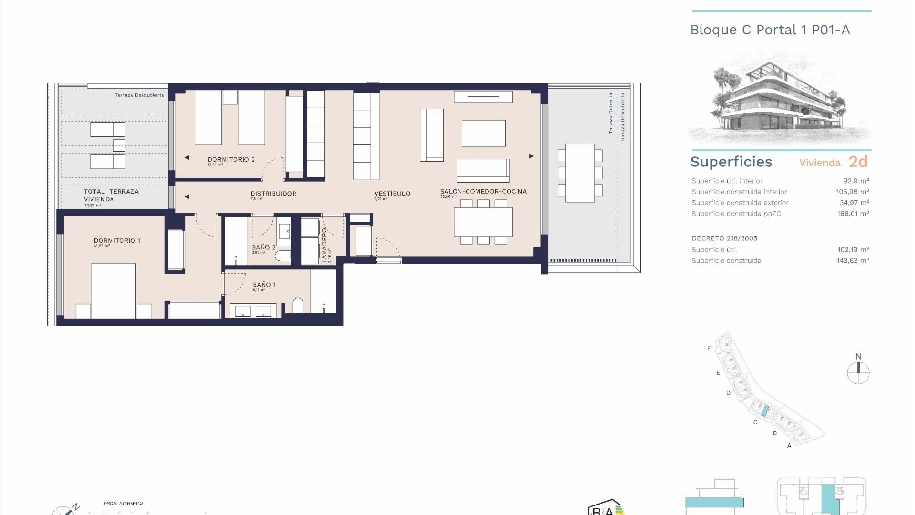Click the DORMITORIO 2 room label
click(x=231, y=159)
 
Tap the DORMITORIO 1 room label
click(x=117, y=241)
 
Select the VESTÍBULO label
click(x=392, y=194)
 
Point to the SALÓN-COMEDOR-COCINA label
click(x=483, y=191)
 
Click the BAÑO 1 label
click(x=264, y=285)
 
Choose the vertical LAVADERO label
click(x=325, y=245)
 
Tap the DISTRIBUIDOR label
click(x=273, y=194)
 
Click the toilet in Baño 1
click(x=297, y=306)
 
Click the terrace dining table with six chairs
click(x=580, y=173)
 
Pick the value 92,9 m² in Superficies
click(x=856, y=181)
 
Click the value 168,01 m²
click(x=853, y=214)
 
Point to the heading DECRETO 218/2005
click(x=724, y=238)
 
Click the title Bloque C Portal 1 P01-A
click(x=770, y=30)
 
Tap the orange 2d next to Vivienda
click(x=858, y=162)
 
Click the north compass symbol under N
click(x=858, y=373)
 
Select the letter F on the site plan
click(x=709, y=349)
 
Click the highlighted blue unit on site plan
click(x=765, y=411)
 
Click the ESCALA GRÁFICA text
click(x=123, y=504)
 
